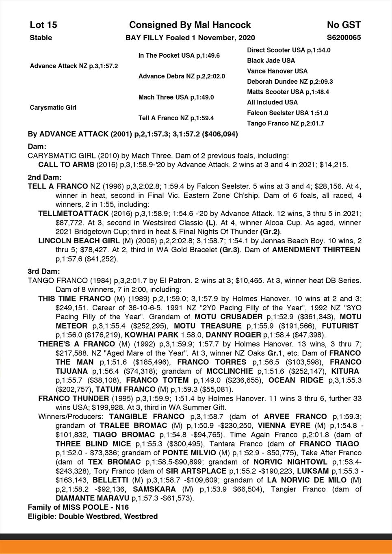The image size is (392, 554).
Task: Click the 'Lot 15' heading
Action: (43, 25)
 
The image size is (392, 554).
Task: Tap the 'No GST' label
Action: (344, 25)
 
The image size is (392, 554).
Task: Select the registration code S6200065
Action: (344, 38)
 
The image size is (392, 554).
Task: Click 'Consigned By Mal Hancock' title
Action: (190, 25)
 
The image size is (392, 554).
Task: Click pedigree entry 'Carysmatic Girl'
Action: (53, 108)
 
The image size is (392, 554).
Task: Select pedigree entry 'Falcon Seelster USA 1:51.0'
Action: (288, 113)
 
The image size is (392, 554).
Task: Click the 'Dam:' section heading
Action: (37, 146)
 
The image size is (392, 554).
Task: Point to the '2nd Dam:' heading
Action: (45, 177)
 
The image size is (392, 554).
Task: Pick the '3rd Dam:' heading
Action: (44, 271)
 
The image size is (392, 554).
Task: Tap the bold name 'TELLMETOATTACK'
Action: (73, 213)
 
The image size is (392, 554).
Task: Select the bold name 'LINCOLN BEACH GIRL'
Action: (78, 240)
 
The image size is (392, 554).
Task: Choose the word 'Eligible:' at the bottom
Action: (42, 517)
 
